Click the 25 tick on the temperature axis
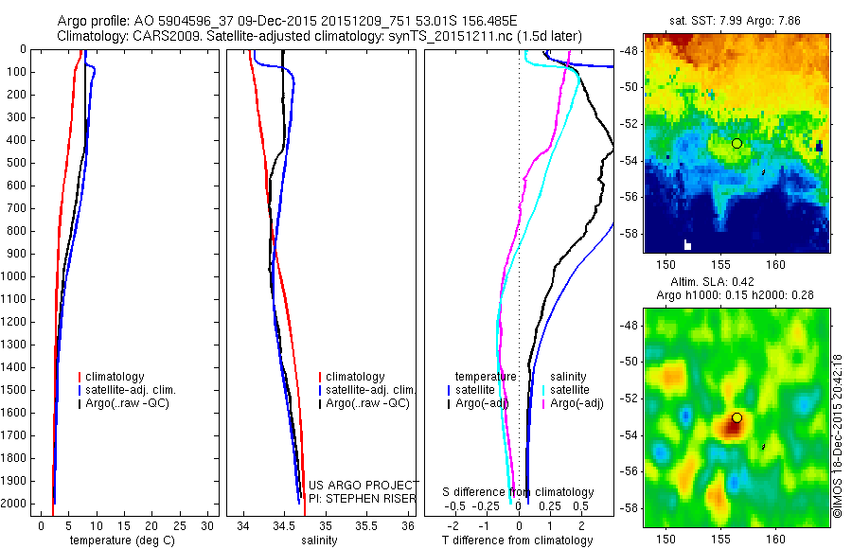pyautogui.click(x=179, y=525)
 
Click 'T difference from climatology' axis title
pyautogui.click(x=518, y=540)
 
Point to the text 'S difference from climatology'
pyautogui.click(x=518, y=492)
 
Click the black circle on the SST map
pyautogui.click(x=737, y=143)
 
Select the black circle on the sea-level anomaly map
pyautogui.click(x=737, y=417)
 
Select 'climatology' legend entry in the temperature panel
pyautogui.click(x=117, y=377)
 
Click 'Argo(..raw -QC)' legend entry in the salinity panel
pyautogui.click(x=366, y=403)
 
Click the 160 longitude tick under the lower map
pyautogui.click(x=776, y=537)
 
